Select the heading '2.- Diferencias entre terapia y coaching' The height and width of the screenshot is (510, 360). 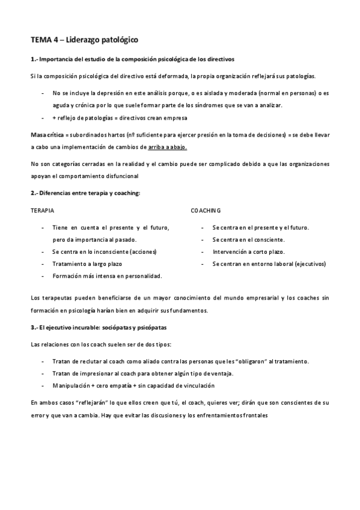point(85,192)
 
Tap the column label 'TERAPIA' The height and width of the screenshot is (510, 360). point(42,210)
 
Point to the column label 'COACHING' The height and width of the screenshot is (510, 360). point(206,210)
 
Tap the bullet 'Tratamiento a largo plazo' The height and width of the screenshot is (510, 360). point(87,263)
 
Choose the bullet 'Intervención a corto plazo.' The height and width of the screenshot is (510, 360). point(248,251)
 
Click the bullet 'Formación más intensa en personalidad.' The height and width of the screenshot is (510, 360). point(107,275)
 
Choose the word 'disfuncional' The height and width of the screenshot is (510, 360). point(119,176)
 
